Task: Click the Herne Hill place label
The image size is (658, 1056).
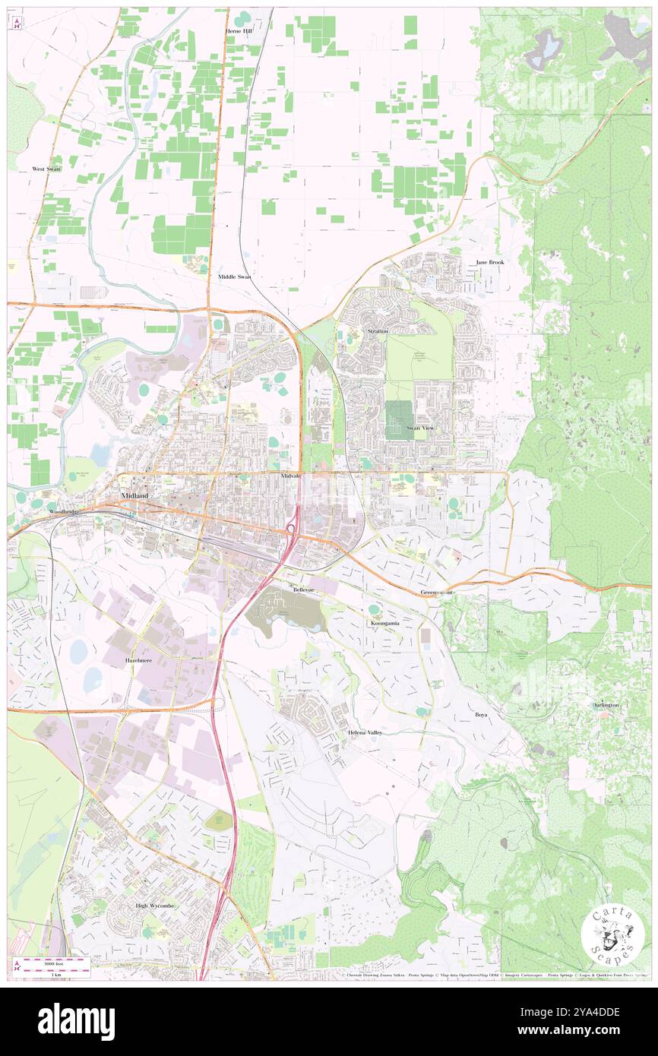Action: click(238, 31)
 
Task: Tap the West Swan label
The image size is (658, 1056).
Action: click(46, 169)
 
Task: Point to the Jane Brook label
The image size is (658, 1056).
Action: click(489, 262)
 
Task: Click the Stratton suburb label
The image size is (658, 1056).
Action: click(378, 332)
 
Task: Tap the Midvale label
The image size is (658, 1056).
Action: click(290, 476)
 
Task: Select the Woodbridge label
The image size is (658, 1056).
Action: click(64, 512)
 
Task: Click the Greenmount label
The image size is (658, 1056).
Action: click(437, 592)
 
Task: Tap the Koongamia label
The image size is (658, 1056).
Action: click(385, 623)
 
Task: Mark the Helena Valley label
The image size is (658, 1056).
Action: click(365, 732)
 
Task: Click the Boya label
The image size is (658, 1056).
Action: click(481, 715)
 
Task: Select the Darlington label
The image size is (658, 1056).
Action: click(606, 705)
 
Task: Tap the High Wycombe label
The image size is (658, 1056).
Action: click(153, 906)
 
